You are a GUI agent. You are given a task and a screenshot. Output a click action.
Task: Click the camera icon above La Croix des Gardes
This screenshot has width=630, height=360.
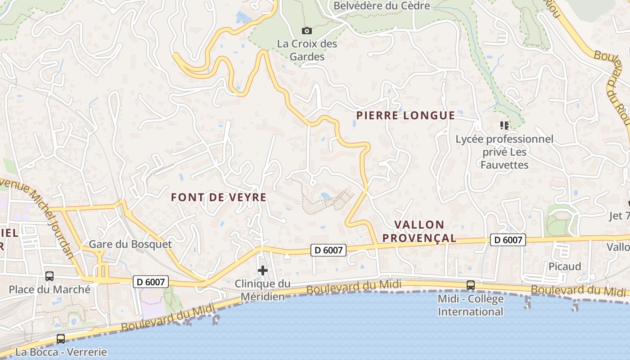pyautogui.click(x=306, y=31)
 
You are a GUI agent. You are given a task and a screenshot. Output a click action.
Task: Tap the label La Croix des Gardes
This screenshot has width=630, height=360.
pyautogui.click(x=307, y=50)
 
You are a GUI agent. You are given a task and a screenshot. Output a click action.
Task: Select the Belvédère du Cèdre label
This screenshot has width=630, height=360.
pyautogui.click(x=382, y=6)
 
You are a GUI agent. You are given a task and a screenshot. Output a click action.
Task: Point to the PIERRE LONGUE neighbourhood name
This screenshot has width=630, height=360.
pyautogui.click(x=405, y=116)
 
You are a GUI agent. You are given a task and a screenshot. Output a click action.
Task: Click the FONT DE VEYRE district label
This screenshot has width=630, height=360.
pyautogui.click(x=219, y=198)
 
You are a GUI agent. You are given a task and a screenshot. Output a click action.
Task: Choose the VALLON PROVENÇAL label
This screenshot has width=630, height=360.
pyautogui.click(x=419, y=231)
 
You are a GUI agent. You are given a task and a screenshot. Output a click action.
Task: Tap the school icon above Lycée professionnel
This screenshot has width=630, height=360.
pyautogui.click(x=504, y=125)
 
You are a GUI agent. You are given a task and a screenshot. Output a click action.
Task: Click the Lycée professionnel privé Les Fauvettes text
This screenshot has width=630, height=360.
pyautogui.click(x=504, y=152)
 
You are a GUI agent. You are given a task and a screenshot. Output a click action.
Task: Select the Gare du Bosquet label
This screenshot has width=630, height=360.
pyautogui.click(x=130, y=244)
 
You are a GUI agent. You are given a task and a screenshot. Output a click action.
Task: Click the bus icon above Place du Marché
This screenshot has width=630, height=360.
pyautogui.click(x=49, y=276)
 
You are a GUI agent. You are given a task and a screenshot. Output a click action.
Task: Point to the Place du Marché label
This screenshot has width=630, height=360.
pyautogui.click(x=49, y=289)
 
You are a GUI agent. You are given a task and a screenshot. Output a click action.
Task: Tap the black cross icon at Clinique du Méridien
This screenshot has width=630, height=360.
pyautogui.click(x=263, y=270)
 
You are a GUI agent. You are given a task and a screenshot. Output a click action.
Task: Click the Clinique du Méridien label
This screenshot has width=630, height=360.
pyautogui.click(x=263, y=290)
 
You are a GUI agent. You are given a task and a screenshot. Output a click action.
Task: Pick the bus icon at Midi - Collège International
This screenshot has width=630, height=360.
pyautogui.click(x=470, y=285)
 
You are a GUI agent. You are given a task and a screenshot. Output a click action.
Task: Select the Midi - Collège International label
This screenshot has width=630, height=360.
pyautogui.click(x=470, y=305)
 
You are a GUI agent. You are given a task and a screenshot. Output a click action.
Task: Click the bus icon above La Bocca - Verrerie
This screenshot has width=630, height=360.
pyautogui.click(x=60, y=338)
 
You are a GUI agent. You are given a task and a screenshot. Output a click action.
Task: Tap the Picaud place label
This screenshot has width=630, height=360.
pyautogui.click(x=564, y=266)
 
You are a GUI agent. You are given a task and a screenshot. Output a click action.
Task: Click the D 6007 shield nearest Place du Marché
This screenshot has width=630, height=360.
pyautogui.click(x=151, y=282)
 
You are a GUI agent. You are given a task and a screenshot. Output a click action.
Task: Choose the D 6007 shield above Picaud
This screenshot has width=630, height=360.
pyautogui.click(x=508, y=240)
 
